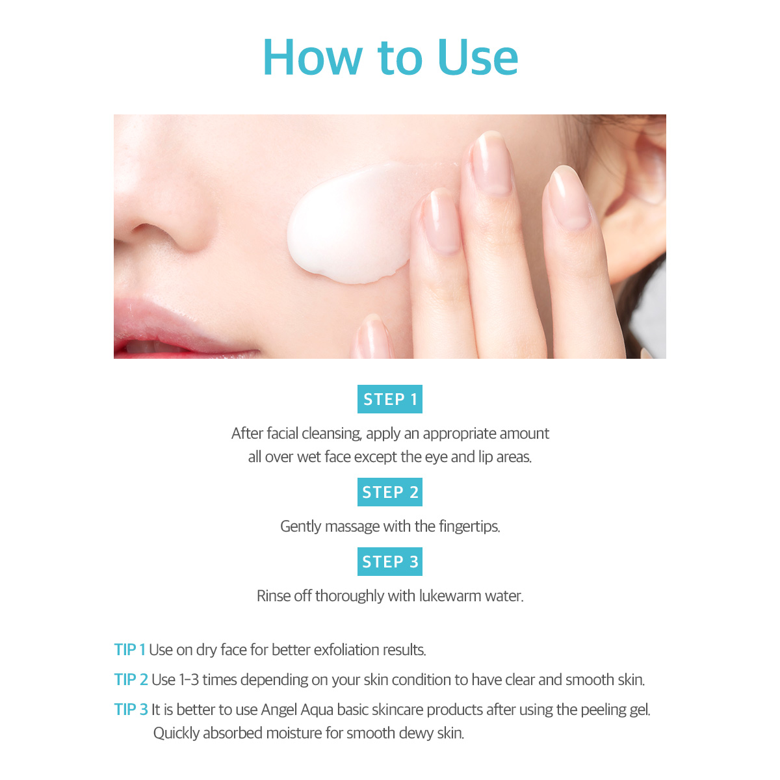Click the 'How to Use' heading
pyautogui.click(x=390, y=57)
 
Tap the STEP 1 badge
pyautogui.click(x=390, y=399)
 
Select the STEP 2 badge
pyautogui.click(x=390, y=492)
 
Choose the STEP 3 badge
pyautogui.click(x=390, y=562)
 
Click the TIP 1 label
pyautogui.click(x=129, y=649)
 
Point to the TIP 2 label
pyautogui.click(x=131, y=680)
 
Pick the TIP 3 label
pyautogui.click(x=131, y=710)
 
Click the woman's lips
pyautogui.click(x=178, y=332)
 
